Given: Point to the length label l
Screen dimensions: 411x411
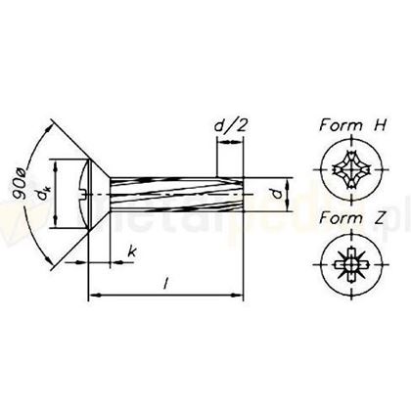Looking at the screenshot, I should (167, 283).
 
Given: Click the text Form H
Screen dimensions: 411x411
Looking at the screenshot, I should (348, 125).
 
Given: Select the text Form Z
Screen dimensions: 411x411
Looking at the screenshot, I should (348, 217).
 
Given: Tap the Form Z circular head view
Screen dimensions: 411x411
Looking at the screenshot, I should (348, 263).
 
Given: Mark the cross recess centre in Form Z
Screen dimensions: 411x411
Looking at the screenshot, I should (348, 263).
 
